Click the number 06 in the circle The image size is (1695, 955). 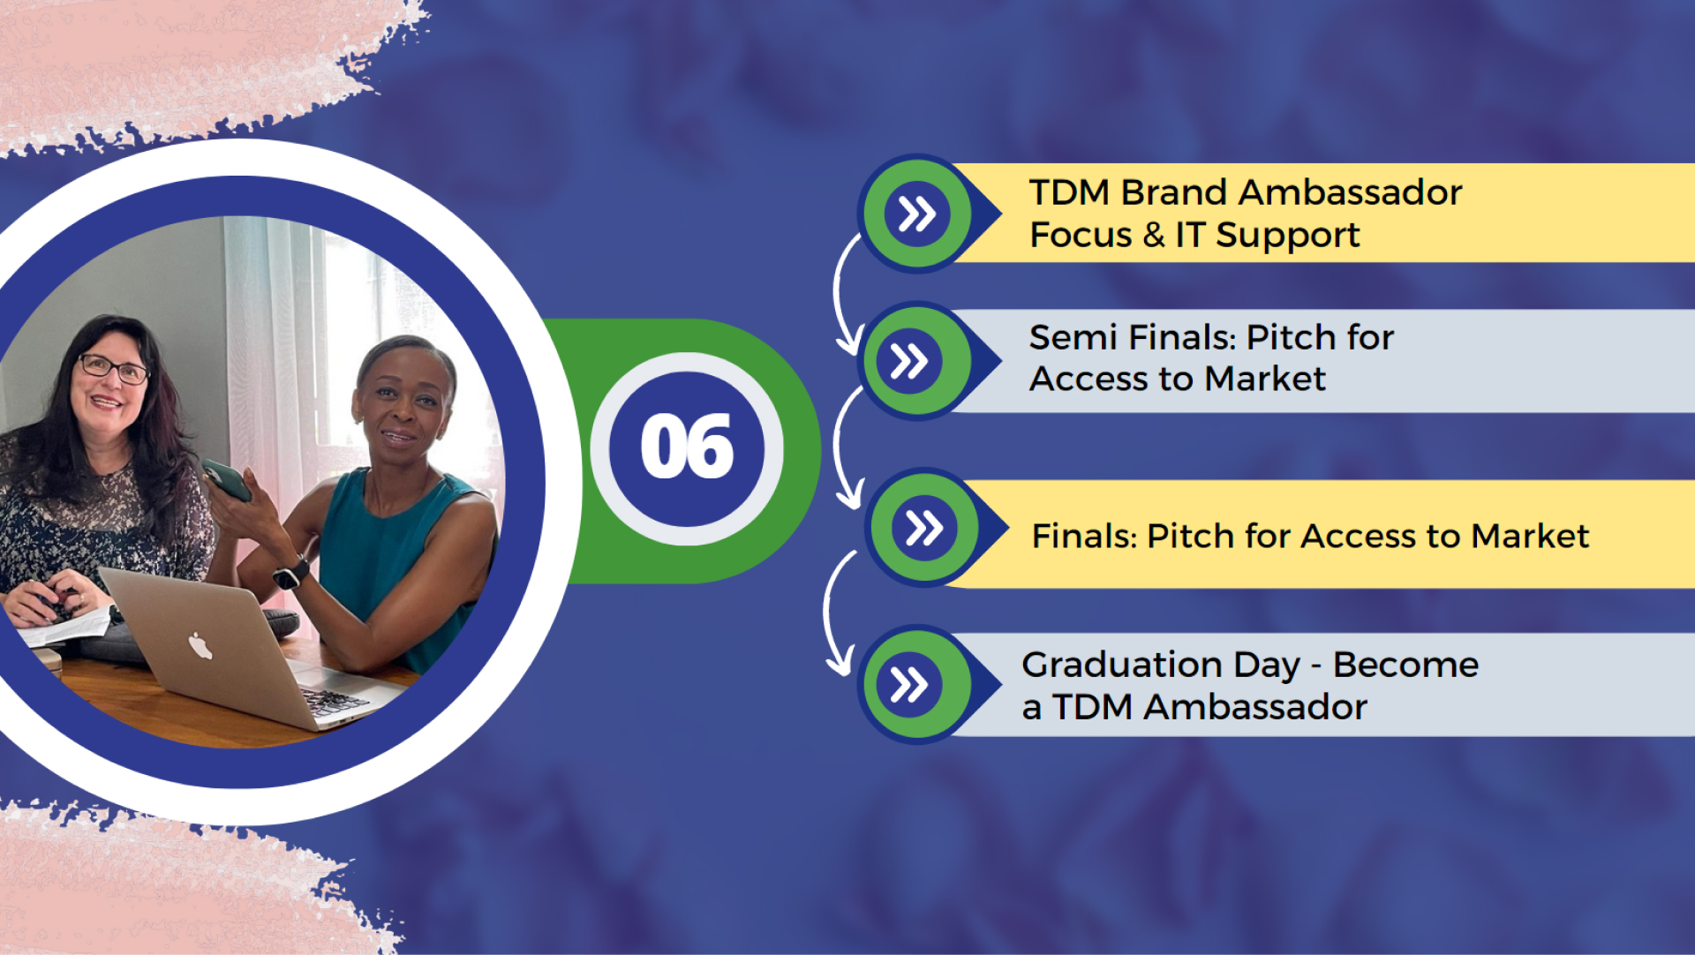[x=687, y=447]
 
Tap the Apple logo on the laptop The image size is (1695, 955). [x=200, y=646]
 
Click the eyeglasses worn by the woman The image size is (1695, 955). [x=114, y=368]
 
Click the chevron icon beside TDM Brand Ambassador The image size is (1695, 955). [x=917, y=214]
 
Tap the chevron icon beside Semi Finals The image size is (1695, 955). [x=909, y=361]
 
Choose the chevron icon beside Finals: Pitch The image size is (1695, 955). [x=924, y=528]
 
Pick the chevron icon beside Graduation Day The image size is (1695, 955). [x=909, y=684]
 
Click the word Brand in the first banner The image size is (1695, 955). [x=1174, y=192]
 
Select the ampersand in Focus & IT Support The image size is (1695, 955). [x=1154, y=235]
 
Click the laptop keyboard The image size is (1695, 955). [x=335, y=702]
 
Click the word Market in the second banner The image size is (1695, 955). [x=1265, y=380]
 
